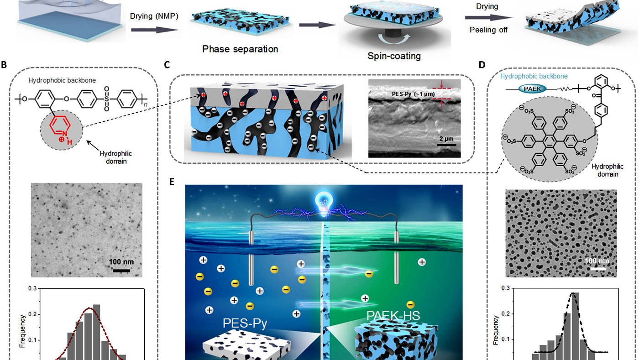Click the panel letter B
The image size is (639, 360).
pyautogui.click(x=4, y=65)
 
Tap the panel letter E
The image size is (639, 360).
pyautogui.click(x=172, y=182)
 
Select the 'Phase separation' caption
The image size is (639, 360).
pyautogui.click(x=240, y=48)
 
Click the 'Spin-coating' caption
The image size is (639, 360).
pyautogui.click(x=394, y=56)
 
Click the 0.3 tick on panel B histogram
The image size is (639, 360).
pyautogui.click(x=32, y=289)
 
